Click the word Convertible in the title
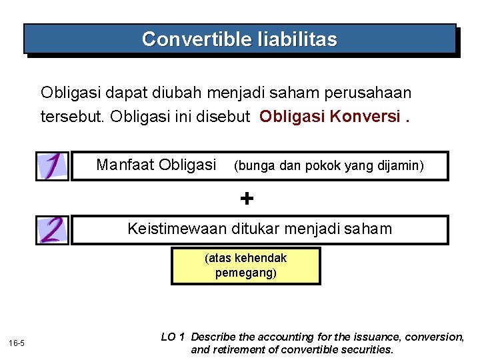click(x=197, y=39)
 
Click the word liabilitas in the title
click(x=297, y=39)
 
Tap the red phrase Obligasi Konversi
click(x=330, y=117)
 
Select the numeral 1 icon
click(x=53, y=165)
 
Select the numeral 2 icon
click(x=53, y=230)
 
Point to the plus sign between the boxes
click(x=247, y=198)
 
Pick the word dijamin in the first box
click(x=400, y=165)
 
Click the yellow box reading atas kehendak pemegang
click(x=245, y=265)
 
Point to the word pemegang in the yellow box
click(x=245, y=273)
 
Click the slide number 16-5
click(x=17, y=343)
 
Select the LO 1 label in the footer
click(x=173, y=337)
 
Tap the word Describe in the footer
click(x=213, y=337)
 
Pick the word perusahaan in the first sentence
click(x=373, y=93)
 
